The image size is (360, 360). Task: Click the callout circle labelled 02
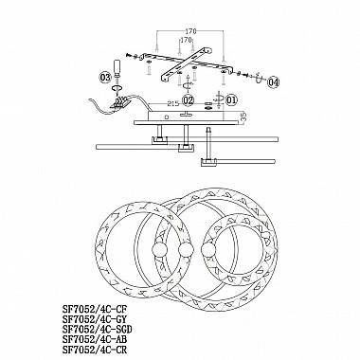click(189, 99)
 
